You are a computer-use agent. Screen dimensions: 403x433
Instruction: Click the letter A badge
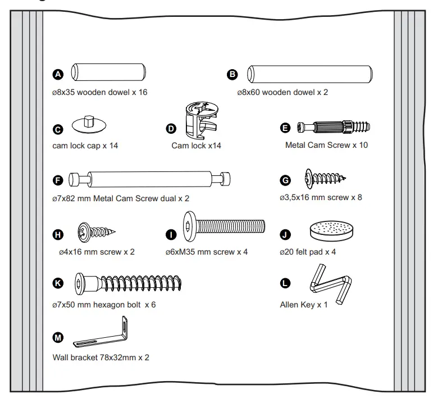58,74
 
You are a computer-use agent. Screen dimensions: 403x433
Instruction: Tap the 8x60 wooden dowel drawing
311,74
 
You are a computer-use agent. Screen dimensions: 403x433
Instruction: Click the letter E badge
286,128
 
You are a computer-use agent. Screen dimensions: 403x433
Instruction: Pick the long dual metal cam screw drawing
151,180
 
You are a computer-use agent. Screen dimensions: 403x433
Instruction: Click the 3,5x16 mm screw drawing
325,179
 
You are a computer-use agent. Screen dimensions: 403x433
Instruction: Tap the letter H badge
58,234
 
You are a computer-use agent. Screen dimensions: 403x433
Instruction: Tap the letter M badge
58,338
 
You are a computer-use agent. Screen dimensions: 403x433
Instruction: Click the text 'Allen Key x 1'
304,305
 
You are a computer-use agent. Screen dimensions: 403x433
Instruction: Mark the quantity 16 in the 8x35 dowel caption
142,92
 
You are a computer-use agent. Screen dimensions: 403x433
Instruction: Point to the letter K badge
58,284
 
